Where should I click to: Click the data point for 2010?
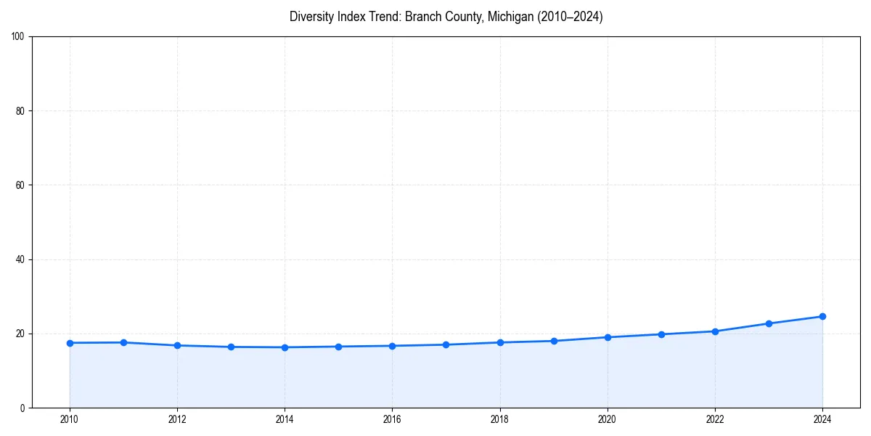[70, 343]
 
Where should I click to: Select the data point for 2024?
[822, 316]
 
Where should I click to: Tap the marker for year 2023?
[769, 323]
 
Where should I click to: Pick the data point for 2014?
[285, 347]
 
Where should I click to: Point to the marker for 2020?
[608, 337]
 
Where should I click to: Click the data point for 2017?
[446, 344]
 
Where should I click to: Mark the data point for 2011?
[123, 342]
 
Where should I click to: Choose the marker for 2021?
[661, 334]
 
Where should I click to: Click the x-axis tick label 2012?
[177, 419]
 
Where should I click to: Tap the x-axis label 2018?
[499, 419]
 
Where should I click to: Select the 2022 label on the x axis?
[715, 419]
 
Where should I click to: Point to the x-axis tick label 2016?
[392, 419]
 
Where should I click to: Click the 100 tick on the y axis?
[19, 37]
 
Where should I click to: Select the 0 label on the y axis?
[23, 408]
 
